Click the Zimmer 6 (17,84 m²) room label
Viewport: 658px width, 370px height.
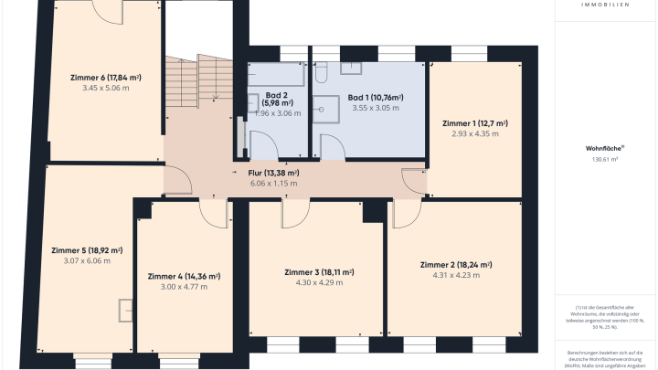(x=105, y=77)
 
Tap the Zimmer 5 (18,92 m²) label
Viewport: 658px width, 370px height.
(x=89, y=249)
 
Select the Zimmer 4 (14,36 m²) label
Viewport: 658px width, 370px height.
(x=184, y=275)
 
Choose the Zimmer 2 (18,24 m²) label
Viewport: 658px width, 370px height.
(x=456, y=265)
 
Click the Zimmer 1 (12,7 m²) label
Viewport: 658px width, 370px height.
(x=475, y=122)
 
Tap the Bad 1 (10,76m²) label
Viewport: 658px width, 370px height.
(x=376, y=97)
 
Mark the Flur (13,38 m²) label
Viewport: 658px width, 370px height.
(x=274, y=172)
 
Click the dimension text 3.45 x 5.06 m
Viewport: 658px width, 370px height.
(x=105, y=88)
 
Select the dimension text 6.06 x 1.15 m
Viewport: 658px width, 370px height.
(x=274, y=183)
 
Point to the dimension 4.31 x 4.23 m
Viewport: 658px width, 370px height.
(x=456, y=276)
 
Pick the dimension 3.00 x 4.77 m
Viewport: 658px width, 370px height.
(x=184, y=286)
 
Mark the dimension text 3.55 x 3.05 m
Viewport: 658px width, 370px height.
(x=376, y=108)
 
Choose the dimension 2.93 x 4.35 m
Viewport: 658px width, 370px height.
(x=475, y=133)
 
